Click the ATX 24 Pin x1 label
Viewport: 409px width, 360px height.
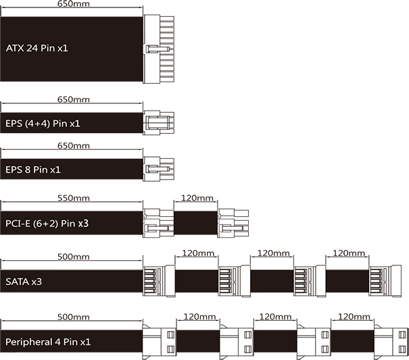[37, 48]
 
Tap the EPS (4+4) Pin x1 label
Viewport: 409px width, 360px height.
[43, 124]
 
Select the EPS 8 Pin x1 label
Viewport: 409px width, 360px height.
[33, 170]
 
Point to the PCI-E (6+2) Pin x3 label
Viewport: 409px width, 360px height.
[47, 224]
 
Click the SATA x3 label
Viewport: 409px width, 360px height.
[24, 282]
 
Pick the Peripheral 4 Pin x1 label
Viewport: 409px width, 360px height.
[48, 342]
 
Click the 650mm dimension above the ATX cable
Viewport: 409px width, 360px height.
[73, 4]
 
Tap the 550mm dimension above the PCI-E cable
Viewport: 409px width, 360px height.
[73, 198]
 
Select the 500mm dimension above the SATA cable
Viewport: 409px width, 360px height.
[73, 257]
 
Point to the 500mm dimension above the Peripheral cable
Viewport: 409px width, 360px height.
[73, 317]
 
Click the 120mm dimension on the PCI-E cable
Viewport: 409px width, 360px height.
[197, 198]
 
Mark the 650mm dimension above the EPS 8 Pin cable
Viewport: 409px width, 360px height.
[73, 146]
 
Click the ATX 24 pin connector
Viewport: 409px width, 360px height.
[159, 49]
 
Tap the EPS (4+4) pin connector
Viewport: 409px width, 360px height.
[159, 122]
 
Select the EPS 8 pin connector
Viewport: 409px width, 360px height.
[159, 169]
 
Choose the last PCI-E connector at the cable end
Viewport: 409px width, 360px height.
[233, 223]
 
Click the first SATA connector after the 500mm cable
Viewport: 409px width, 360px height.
[159, 281]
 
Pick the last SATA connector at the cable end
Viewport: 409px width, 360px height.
[385, 281]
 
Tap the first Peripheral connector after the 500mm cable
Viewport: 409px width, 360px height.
[160, 342]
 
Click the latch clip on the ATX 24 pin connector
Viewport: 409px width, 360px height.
[158, 49]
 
